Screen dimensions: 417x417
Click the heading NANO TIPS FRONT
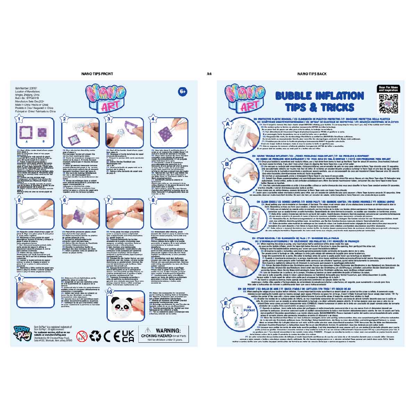click(97, 74)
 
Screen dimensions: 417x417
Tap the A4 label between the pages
click(209, 74)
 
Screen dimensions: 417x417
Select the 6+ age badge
click(183, 92)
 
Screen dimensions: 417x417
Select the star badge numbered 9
click(19, 278)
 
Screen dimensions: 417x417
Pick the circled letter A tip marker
click(227, 123)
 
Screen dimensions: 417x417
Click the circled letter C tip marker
click(228, 199)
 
